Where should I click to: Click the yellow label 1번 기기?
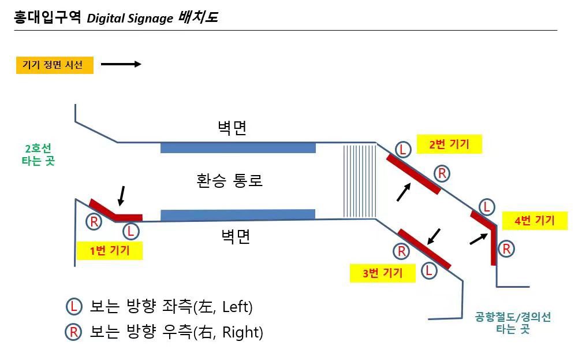pos(109,250)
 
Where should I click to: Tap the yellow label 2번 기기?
pos(449,144)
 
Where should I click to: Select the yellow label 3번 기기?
pos(382,273)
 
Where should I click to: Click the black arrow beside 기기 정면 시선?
pos(121,64)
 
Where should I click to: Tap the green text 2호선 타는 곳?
pos(38,155)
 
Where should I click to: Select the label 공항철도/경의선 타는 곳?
pos(513,322)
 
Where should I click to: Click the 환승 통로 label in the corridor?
pos(229,180)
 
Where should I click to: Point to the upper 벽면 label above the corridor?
pos(232,128)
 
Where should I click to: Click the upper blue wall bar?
pos(238,147)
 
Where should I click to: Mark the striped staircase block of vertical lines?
pos(360,181)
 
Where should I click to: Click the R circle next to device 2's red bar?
pos(442,173)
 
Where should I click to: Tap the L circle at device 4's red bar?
pos(487,207)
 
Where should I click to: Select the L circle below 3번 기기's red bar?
pos(428,270)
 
